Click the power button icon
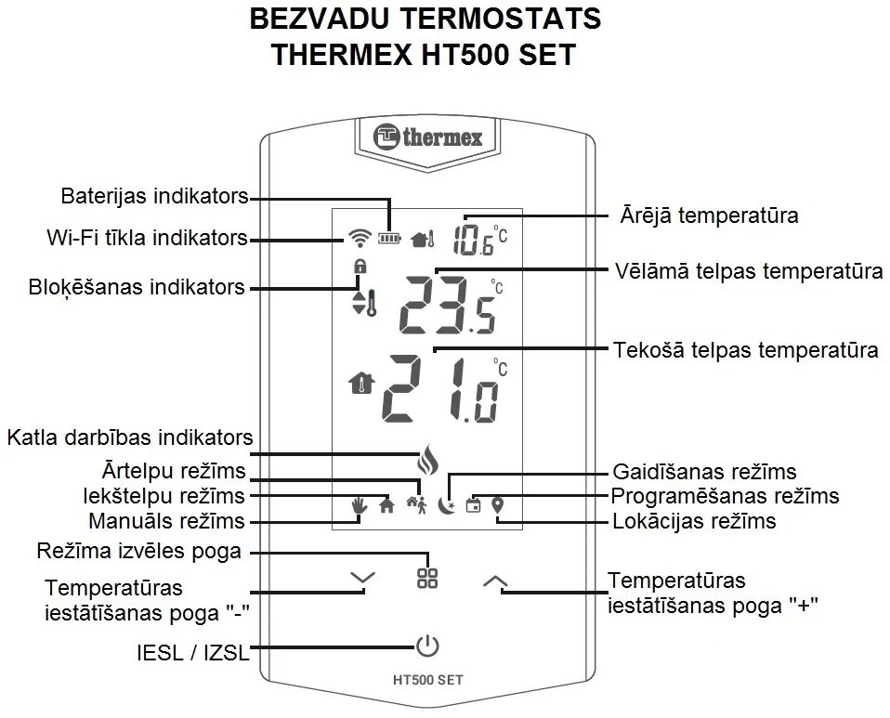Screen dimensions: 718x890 click(x=426, y=646)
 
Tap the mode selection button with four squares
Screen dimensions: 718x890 click(x=427, y=578)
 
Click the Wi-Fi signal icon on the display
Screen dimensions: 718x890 click(x=359, y=239)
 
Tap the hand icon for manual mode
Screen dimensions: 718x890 click(x=360, y=505)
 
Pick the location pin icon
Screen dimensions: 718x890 click(x=498, y=505)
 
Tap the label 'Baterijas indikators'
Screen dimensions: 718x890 click(x=154, y=196)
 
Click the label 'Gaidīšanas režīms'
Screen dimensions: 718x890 click(x=704, y=472)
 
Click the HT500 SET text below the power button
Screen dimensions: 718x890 click(x=427, y=679)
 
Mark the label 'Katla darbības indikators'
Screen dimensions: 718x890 click(x=129, y=437)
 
